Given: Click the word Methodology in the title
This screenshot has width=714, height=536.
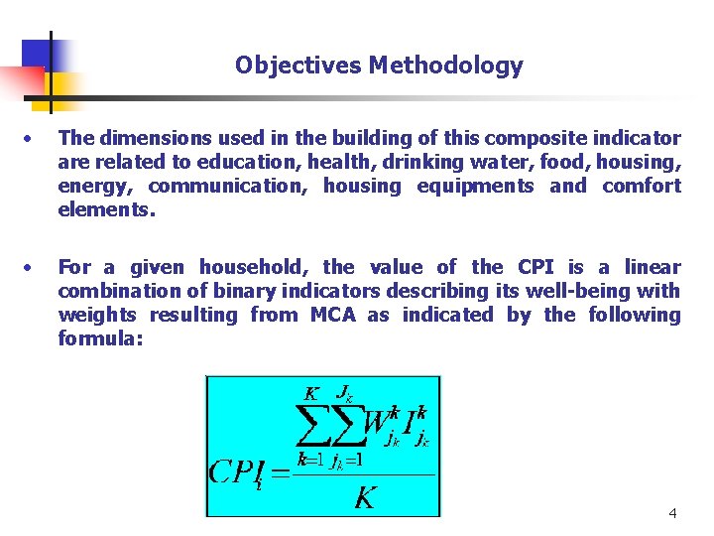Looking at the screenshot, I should [x=445, y=67].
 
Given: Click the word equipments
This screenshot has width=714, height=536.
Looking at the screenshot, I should [x=475, y=186].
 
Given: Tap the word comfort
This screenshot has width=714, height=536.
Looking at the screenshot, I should [x=642, y=186].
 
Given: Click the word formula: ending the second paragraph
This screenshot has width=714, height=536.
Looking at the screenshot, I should [x=100, y=338].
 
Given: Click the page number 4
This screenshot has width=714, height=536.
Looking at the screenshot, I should [x=673, y=513].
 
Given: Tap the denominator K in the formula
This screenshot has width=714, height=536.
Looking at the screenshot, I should [x=365, y=496].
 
